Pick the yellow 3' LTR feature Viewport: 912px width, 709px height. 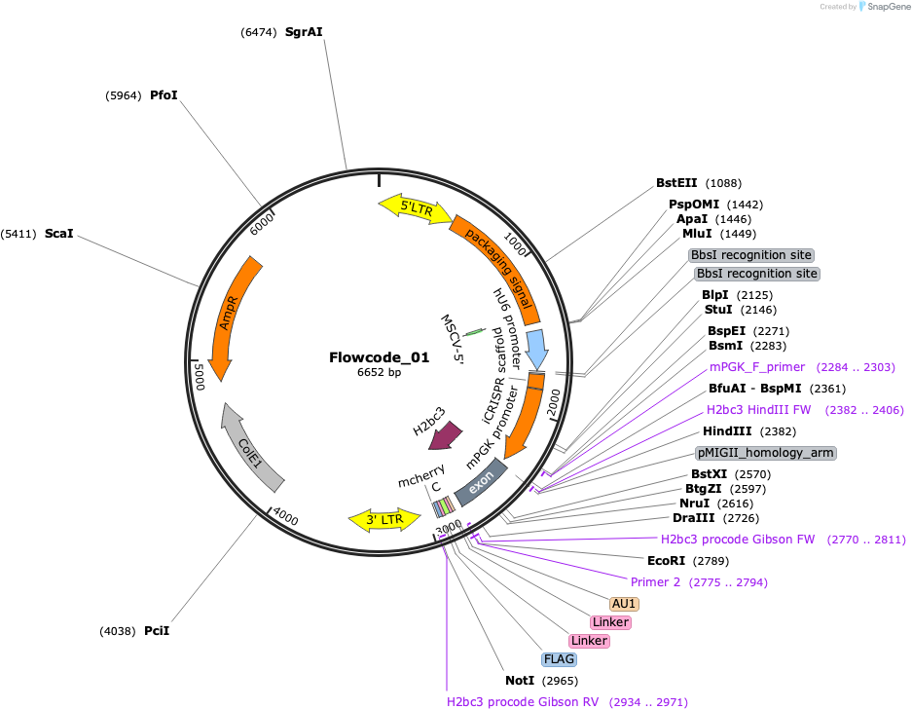click(x=384, y=520)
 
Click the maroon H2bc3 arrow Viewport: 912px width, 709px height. click(x=446, y=435)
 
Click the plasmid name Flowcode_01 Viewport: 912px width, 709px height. click(x=380, y=357)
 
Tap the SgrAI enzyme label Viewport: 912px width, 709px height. click(x=304, y=32)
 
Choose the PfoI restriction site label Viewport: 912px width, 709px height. click(x=164, y=94)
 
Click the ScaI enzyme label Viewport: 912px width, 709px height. click(x=59, y=234)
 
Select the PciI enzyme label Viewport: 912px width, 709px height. click(x=157, y=630)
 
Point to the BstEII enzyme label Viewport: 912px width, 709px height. click(x=676, y=183)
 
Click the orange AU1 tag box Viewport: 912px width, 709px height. click(x=624, y=604)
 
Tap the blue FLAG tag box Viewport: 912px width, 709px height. click(x=559, y=659)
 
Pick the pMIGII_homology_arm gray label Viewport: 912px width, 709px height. click(x=766, y=453)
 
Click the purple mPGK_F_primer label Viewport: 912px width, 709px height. click(x=757, y=367)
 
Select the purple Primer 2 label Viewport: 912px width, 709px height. click(x=655, y=582)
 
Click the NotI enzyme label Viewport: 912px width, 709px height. click(x=520, y=681)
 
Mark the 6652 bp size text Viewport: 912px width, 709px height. click(x=380, y=372)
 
